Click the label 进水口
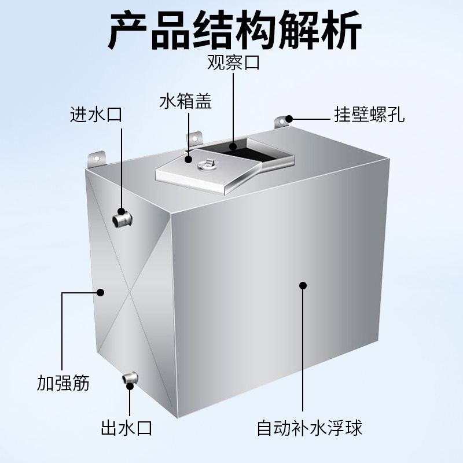pyautogui.click(x=95, y=114)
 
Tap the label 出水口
pyautogui.click(x=126, y=429)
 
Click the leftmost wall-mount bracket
pyautogui.click(x=95, y=159)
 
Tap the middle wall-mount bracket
pyautogui.click(x=194, y=140)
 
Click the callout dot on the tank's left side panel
pyautogui.click(x=101, y=293)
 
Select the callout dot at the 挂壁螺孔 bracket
pyautogui.click(x=288, y=119)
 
